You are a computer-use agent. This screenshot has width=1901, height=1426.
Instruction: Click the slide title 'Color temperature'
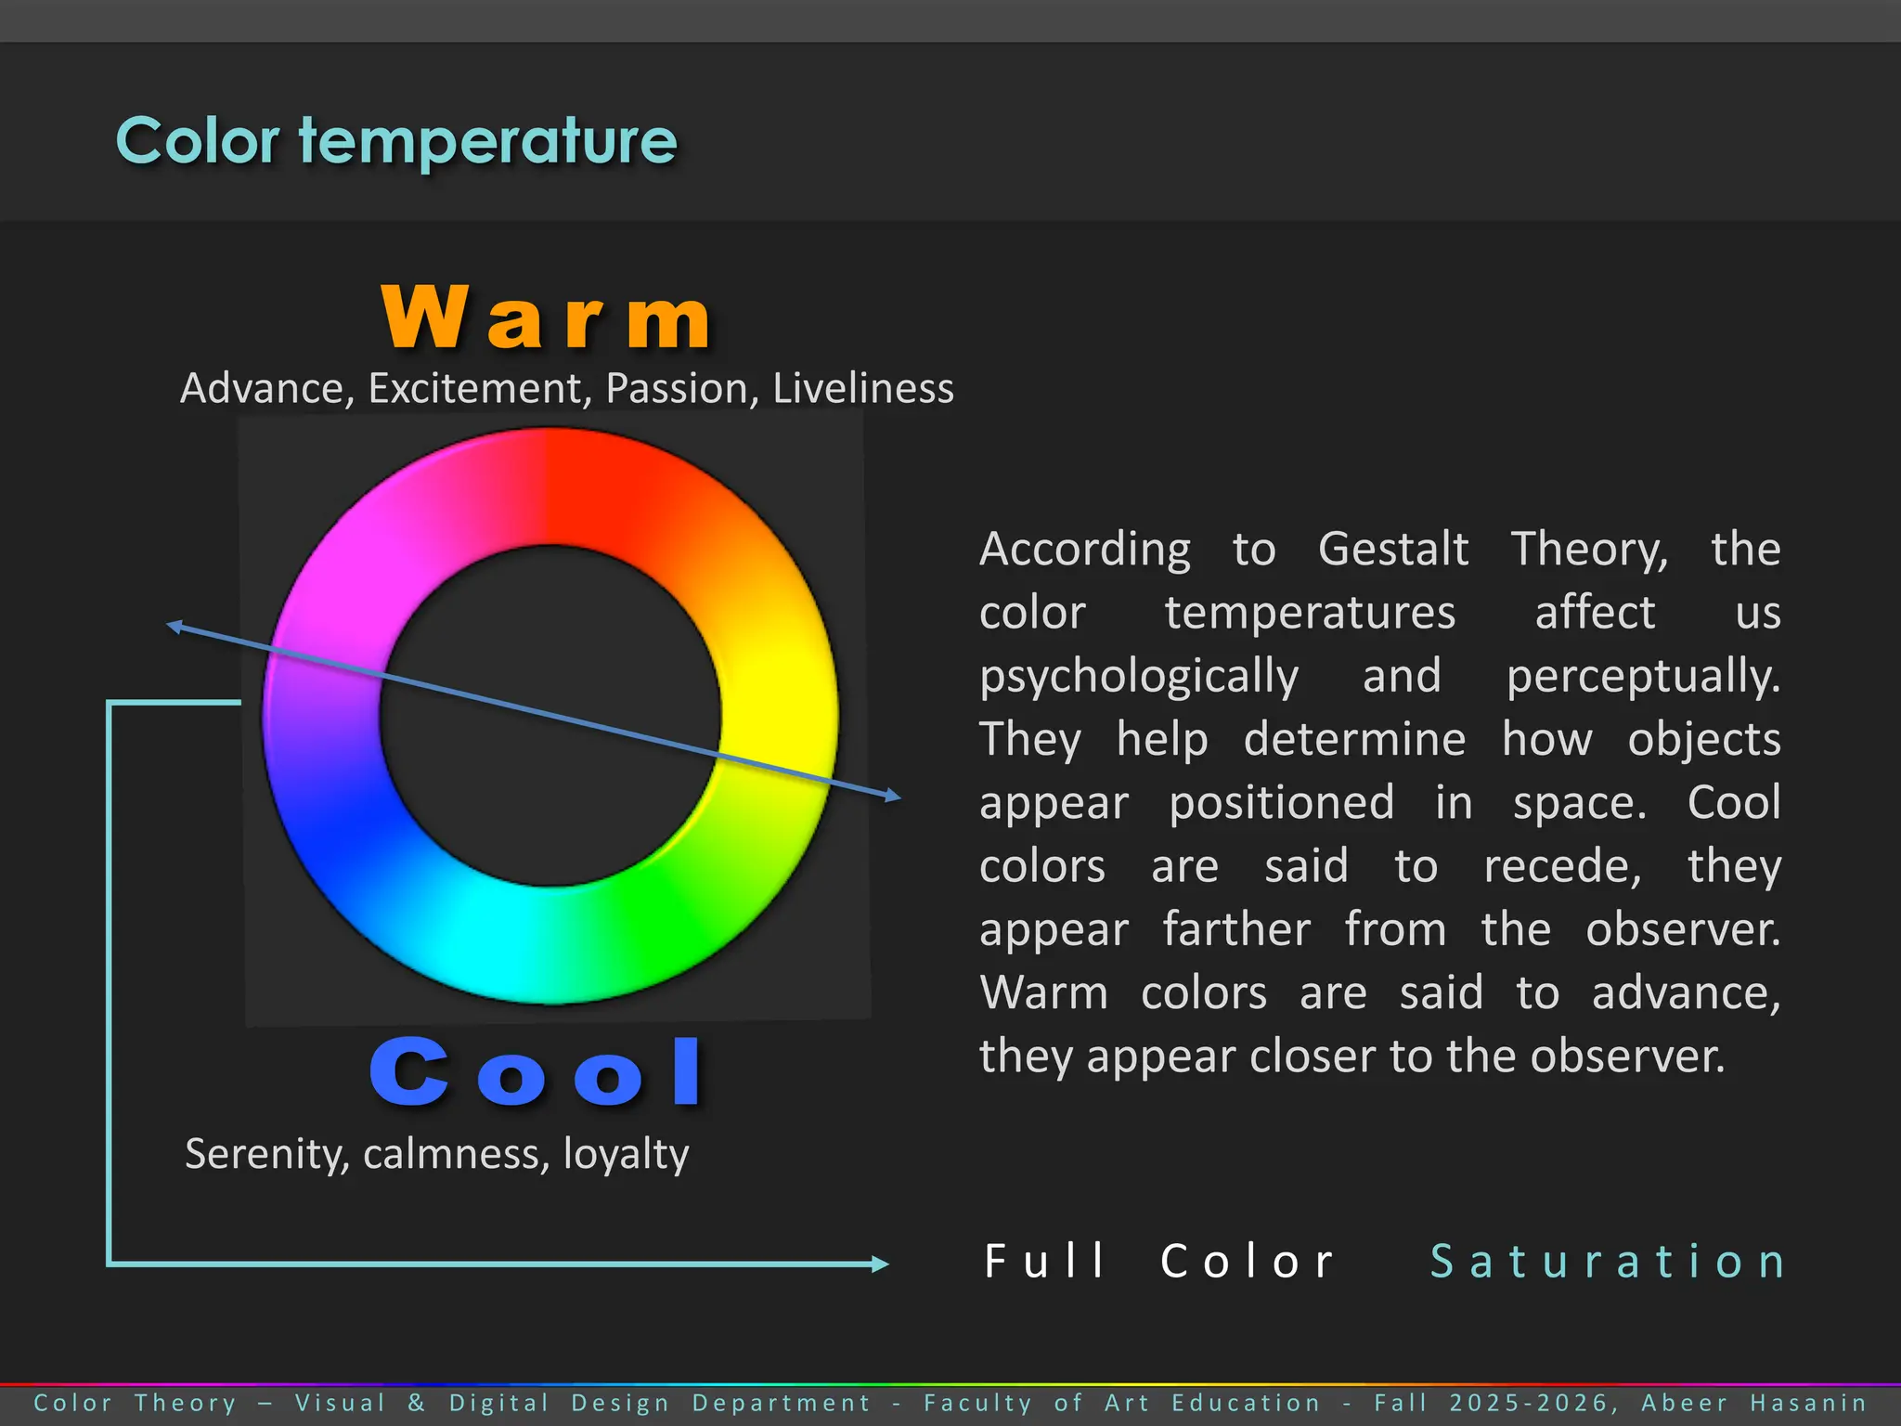pyautogui.click(x=396, y=141)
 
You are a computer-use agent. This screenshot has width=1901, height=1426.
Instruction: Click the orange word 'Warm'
pyautogui.click(x=546, y=318)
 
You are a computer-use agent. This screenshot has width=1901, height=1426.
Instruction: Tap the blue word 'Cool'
pyautogui.click(x=536, y=1073)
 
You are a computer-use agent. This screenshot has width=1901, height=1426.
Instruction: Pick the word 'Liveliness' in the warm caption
pyautogui.click(x=862, y=389)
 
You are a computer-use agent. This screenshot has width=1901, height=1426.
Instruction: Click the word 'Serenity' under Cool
pyautogui.click(x=266, y=1155)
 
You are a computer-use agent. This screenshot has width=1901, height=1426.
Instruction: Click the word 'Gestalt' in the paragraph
pyautogui.click(x=1392, y=550)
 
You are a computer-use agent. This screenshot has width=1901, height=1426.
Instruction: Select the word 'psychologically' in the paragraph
pyautogui.click(x=1139, y=677)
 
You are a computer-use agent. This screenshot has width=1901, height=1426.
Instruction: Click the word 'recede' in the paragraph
pyautogui.click(x=1561, y=867)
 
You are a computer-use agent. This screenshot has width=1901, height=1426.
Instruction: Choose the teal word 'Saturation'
pyautogui.click(x=1607, y=1262)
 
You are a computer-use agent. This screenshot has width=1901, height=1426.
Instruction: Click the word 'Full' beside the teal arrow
pyautogui.click(x=1044, y=1262)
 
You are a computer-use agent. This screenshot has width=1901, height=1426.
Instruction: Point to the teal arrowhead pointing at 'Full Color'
pyautogui.click(x=880, y=1264)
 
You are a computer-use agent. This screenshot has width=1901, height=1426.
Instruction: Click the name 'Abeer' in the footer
pyautogui.click(x=1684, y=1403)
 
